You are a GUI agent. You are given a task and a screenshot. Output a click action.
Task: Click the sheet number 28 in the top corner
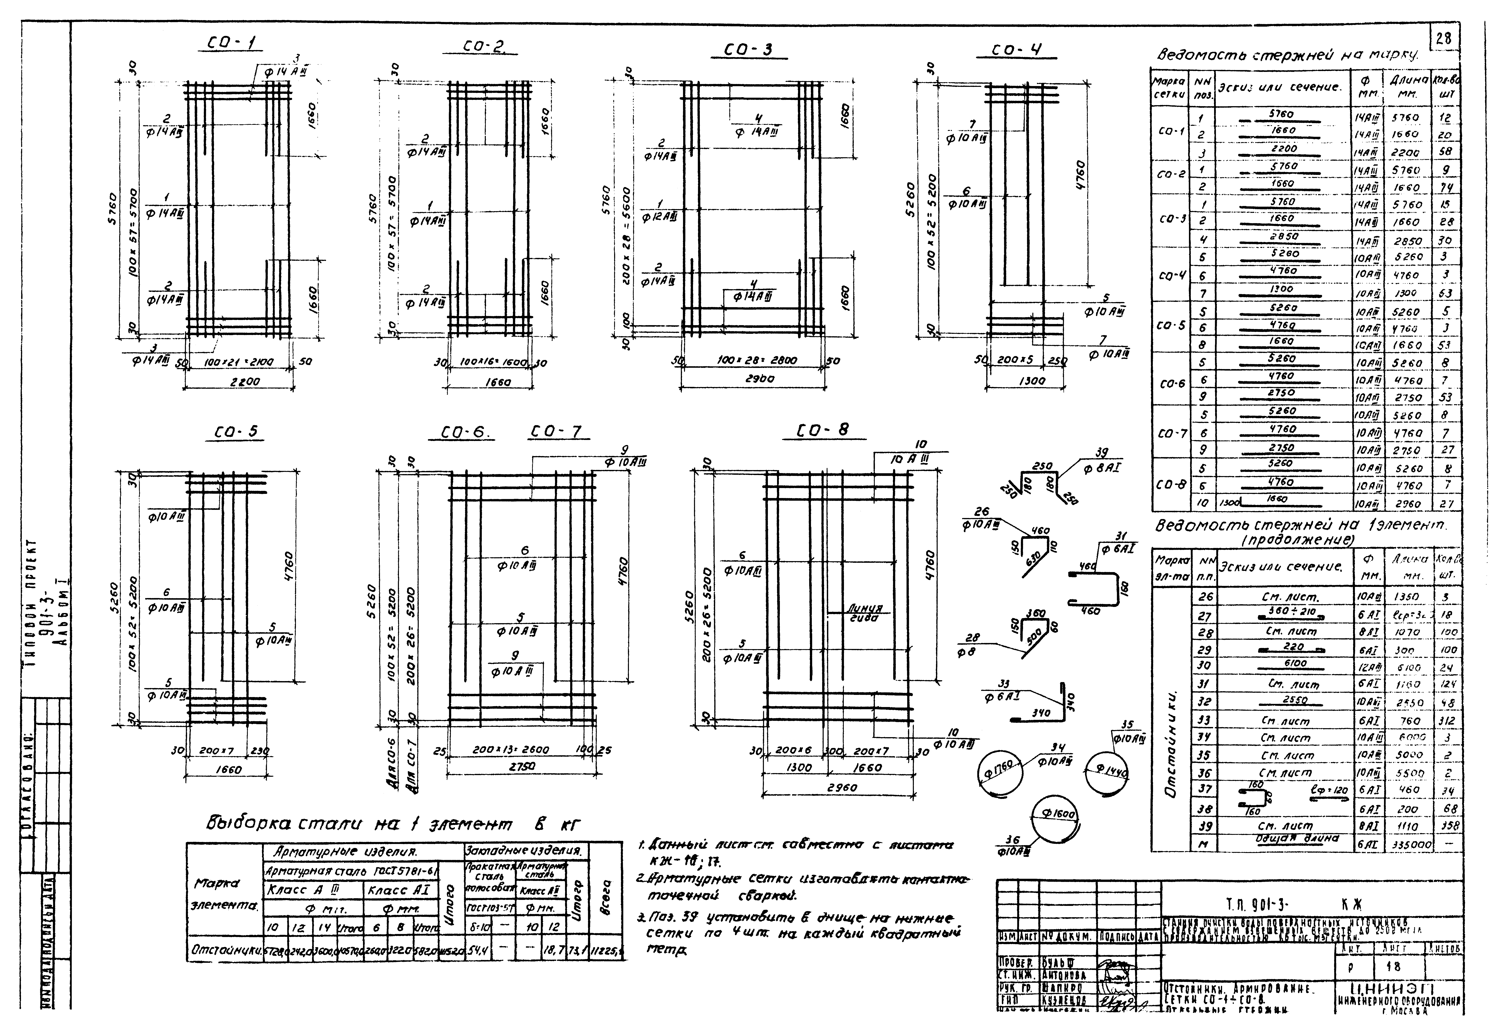1443,39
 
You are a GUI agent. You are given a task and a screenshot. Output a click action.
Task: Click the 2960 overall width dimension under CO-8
842,787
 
